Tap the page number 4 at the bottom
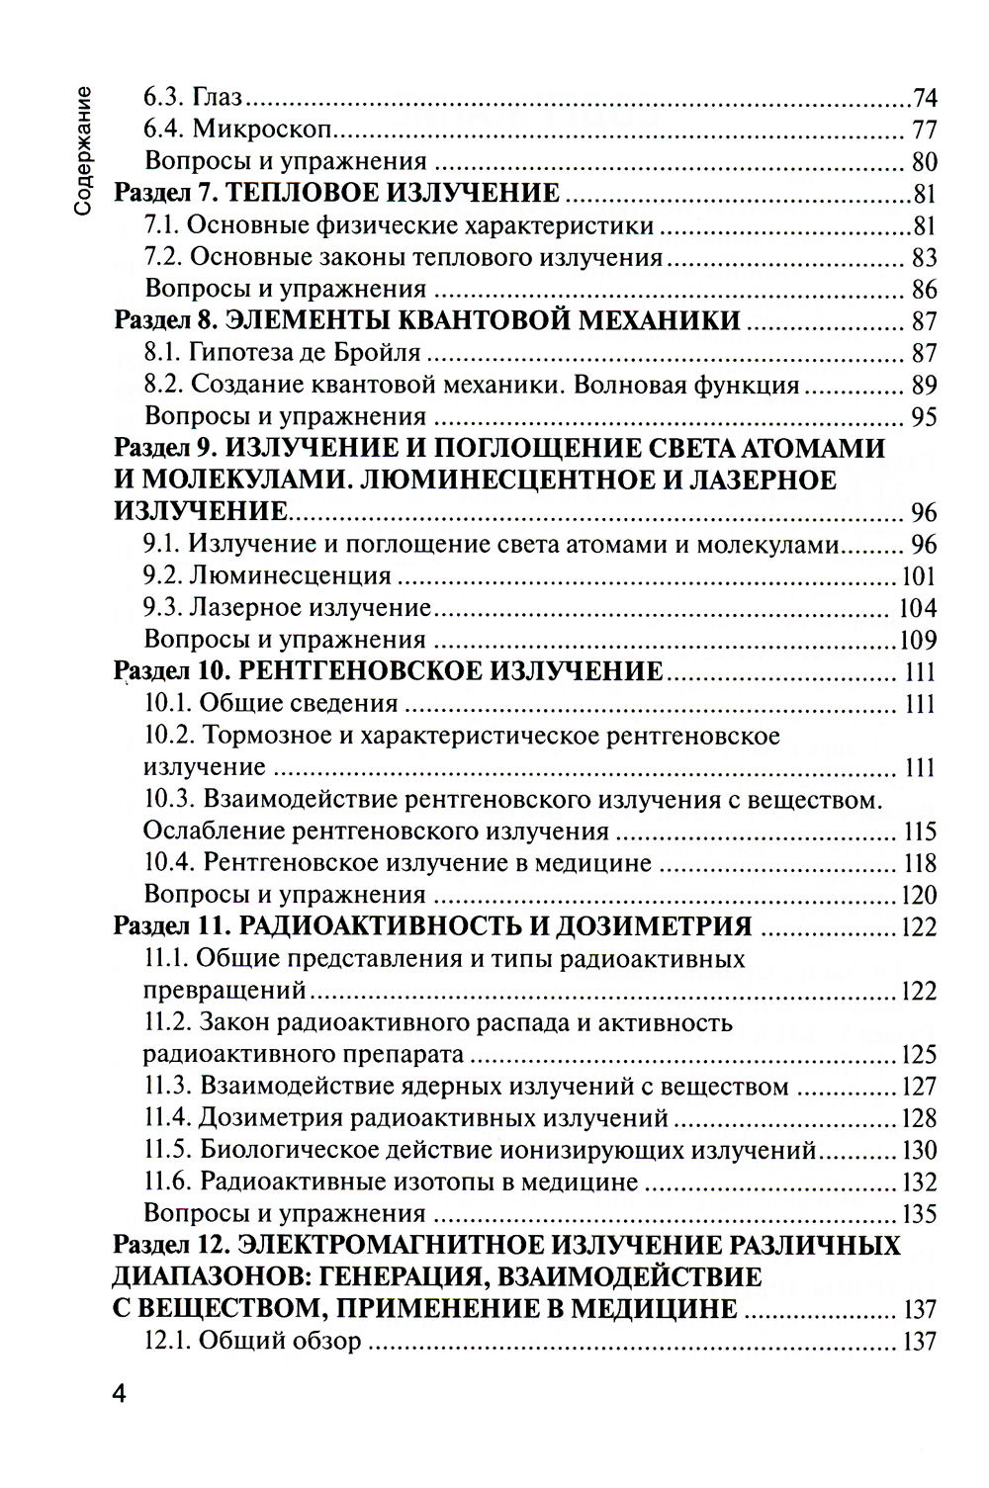point(119,1395)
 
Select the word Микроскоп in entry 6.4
point(261,131)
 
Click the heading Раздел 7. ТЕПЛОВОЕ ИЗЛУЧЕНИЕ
point(337,194)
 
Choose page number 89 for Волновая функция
point(924,386)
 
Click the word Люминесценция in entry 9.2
point(291,576)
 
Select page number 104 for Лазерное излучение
point(916,608)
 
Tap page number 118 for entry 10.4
point(919,863)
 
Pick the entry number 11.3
point(167,1087)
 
